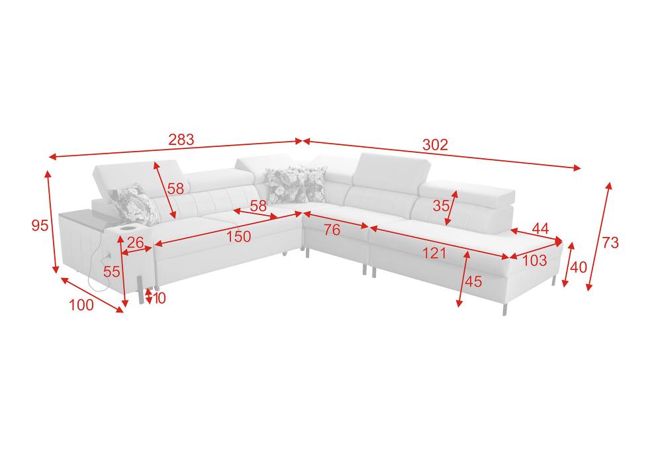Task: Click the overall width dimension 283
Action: (x=181, y=139)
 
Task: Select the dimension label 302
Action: (x=435, y=145)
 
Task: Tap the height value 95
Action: (x=40, y=226)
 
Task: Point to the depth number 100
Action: (x=81, y=304)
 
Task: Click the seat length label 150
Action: (x=238, y=237)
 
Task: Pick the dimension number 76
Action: (x=332, y=230)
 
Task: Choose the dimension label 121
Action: (x=434, y=254)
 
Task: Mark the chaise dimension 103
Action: (x=534, y=260)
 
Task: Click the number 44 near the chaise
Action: (x=540, y=229)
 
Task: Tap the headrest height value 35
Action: (x=441, y=206)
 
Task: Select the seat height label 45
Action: (x=473, y=281)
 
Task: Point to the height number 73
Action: (x=610, y=243)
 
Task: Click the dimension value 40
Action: (x=579, y=267)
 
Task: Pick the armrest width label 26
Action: (x=135, y=242)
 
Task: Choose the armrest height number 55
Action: (x=111, y=272)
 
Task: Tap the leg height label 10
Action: (x=159, y=299)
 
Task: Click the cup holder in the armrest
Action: (x=127, y=228)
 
